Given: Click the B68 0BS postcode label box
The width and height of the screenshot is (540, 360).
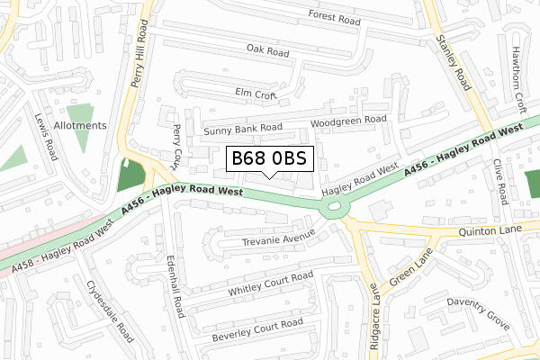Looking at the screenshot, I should tap(270, 159).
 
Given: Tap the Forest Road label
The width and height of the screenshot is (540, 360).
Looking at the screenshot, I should tap(333, 15).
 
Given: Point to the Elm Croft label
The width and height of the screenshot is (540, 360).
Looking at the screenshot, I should tap(255, 92).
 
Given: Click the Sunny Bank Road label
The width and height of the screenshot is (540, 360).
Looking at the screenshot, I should tap(243, 130).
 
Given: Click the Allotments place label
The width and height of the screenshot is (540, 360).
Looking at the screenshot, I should tap(80, 125).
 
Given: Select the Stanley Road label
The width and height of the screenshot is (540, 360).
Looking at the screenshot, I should tap(453, 62).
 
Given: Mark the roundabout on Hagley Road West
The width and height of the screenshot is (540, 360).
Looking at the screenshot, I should tap(336, 209).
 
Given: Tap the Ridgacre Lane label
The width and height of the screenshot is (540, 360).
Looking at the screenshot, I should tap(374, 322).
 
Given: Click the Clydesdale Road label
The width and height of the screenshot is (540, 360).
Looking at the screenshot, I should tap(109, 310).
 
